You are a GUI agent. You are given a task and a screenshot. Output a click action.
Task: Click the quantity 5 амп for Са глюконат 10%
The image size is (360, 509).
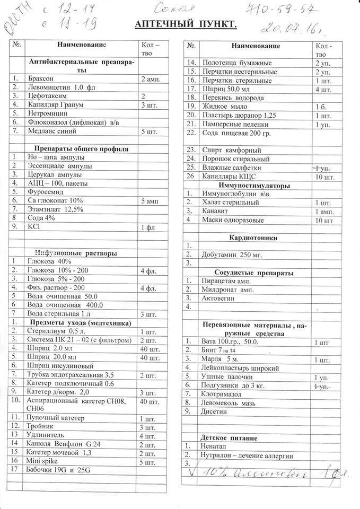[150, 201]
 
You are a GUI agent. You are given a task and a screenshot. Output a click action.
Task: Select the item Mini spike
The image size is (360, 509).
[42, 461]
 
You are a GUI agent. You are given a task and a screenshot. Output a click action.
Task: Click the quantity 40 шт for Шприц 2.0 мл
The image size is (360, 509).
[150, 349]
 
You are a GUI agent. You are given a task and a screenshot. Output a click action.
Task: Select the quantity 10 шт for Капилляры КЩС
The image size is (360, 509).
[324, 177]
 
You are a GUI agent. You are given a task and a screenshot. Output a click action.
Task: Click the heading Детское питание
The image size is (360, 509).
[229, 438]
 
